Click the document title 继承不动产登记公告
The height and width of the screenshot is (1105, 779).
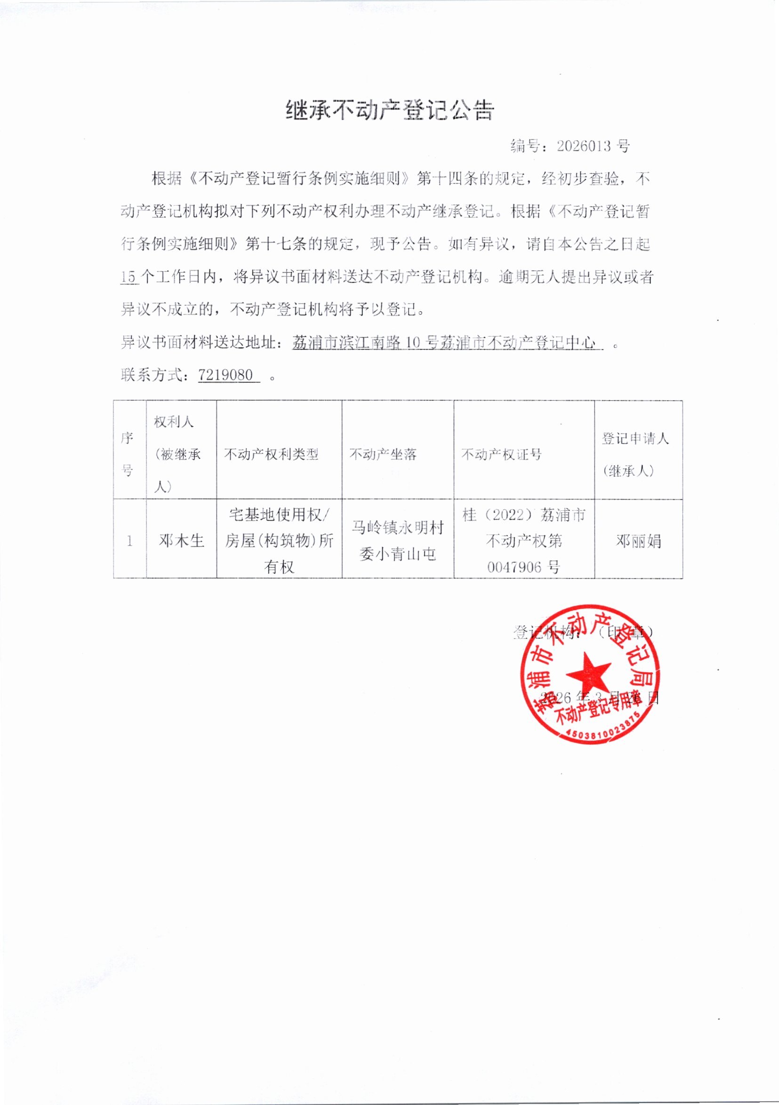tap(390, 110)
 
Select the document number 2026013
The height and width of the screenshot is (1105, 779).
tap(583, 146)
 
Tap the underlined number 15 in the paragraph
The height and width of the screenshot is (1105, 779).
tap(128, 277)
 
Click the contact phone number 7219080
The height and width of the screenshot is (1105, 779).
tap(225, 375)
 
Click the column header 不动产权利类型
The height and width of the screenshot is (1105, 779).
tap(272, 454)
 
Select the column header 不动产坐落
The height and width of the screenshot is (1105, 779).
tap(383, 454)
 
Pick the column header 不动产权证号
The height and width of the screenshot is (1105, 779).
tap(501, 454)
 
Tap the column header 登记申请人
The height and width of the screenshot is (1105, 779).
tap(635, 438)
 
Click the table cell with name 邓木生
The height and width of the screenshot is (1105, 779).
tap(181, 541)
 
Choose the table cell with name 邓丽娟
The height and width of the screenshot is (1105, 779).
tap(639, 541)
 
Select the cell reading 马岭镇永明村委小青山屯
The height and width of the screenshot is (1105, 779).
tap(397, 541)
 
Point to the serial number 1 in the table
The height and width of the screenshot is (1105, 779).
tap(129, 541)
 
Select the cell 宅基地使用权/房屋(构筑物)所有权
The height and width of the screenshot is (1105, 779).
tap(279, 541)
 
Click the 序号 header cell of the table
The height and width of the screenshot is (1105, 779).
tap(128, 453)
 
